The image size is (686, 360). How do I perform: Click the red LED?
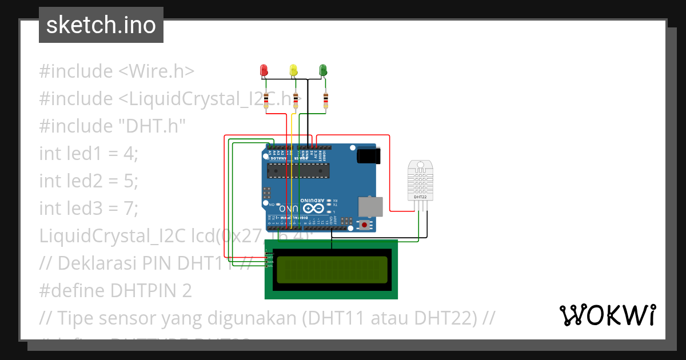(x=264, y=70)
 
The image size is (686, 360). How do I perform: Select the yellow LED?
(x=294, y=70)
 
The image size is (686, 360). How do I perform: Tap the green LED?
(x=323, y=70)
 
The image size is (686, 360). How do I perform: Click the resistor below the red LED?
(x=266, y=101)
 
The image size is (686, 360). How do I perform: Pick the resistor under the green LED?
(x=326, y=101)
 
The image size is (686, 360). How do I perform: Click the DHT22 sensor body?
(x=420, y=180)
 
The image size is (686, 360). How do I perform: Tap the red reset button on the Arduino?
(x=364, y=225)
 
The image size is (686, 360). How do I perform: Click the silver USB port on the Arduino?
(x=370, y=206)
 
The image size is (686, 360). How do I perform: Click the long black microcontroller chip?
(x=298, y=170)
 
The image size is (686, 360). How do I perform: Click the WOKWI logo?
(x=607, y=315)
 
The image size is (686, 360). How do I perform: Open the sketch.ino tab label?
(x=101, y=25)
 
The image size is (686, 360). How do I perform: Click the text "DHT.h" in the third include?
(x=152, y=126)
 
